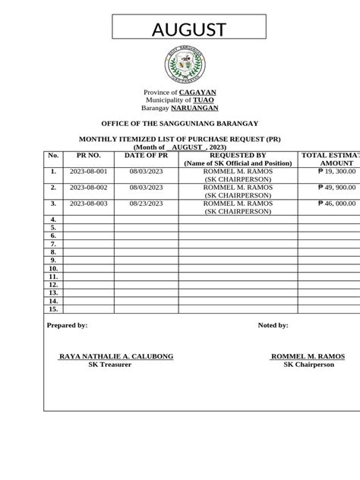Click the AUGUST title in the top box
pos(189,30)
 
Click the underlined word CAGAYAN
pos(197,92)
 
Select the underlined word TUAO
pos(204,99)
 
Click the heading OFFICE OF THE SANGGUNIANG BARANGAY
pos(180,123)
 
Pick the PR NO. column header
pos(88,155)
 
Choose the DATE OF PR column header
pos(146,155)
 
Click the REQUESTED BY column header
pos(238,155)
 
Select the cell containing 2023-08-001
pos(88,172)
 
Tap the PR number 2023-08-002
pos(88,187)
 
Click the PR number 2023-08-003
pos(88,204)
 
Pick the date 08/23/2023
pos(146,204)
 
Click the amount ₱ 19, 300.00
pos(337,172)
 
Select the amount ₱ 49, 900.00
pos(337,187)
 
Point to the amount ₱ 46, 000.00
pos(337,204)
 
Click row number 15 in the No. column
pos(53,310)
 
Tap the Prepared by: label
pos(67,325)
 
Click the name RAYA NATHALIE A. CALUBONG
pos(116,356)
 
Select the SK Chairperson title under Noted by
pos(308,365)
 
